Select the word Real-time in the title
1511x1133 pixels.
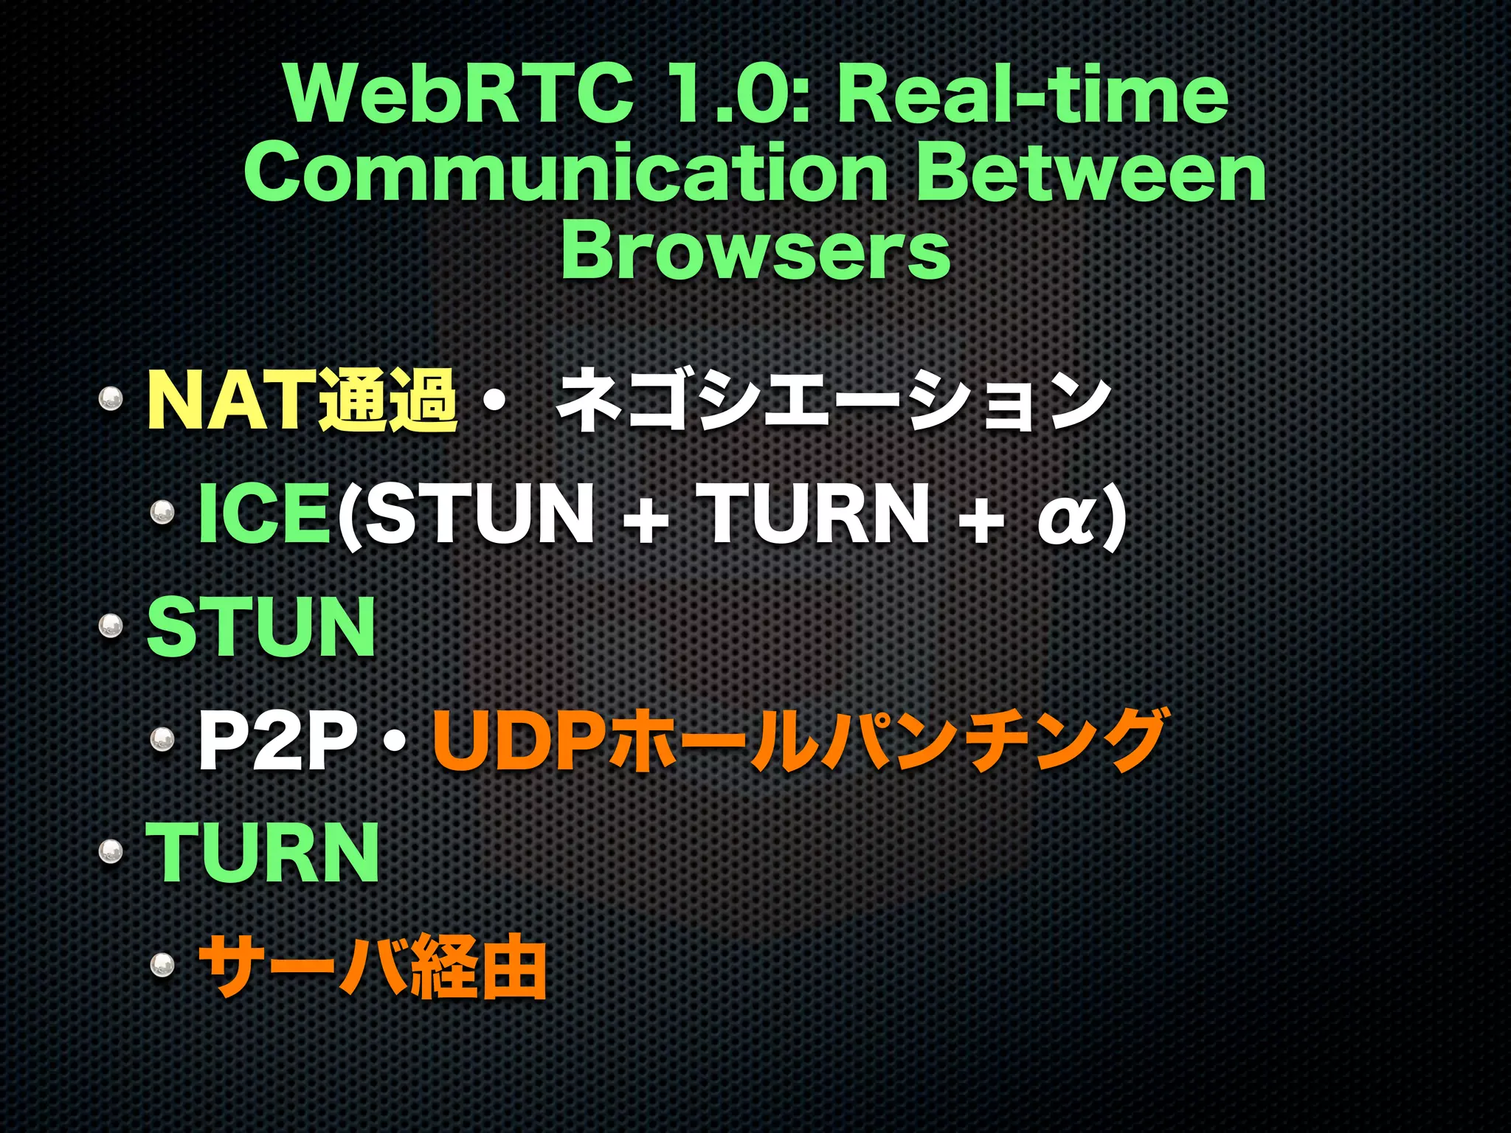(x=1033, y=96)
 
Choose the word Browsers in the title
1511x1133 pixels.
(x=755, y=252)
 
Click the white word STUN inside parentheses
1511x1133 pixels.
(x=480, y=513)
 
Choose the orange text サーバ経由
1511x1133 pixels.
(x=373, y=966)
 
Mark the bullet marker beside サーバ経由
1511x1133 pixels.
(x=162, y=965)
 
